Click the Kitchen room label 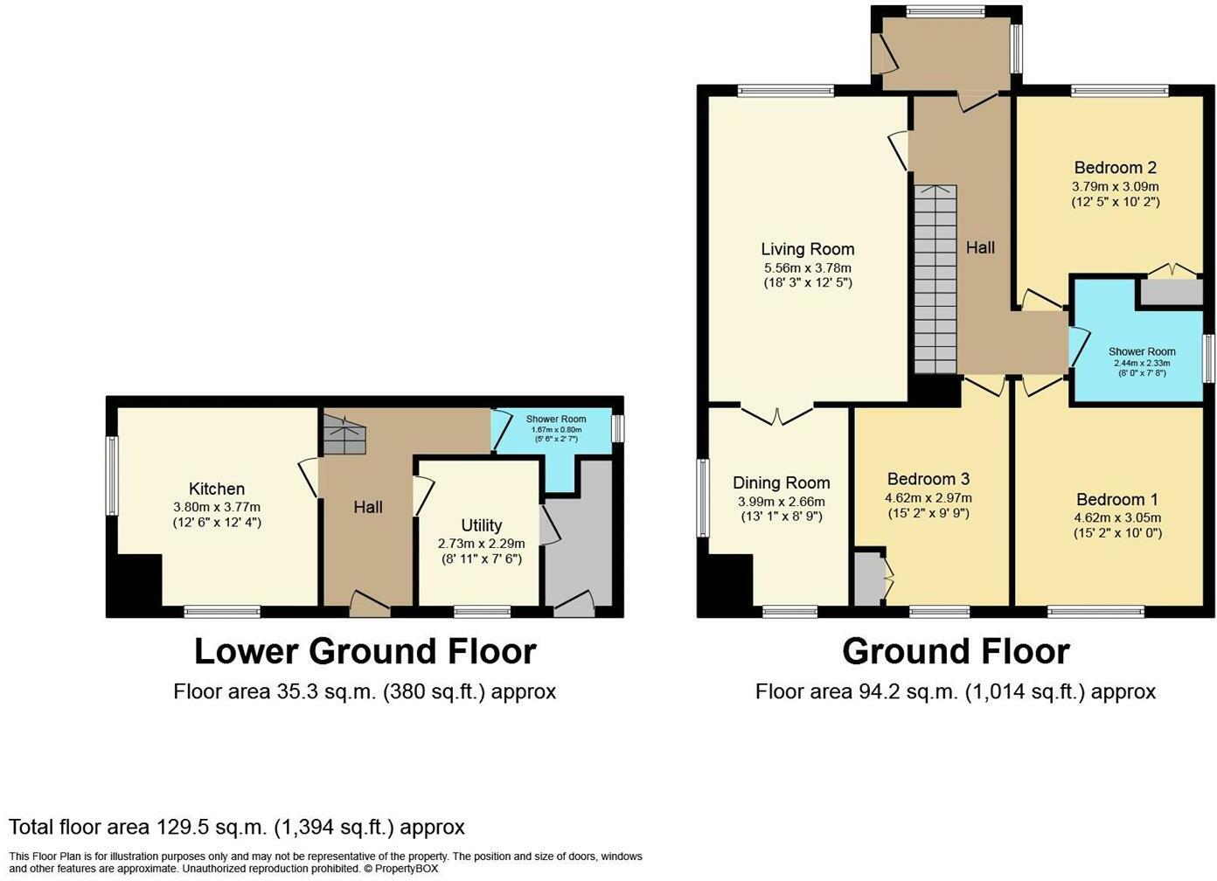(217, 489)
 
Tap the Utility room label (481, 524)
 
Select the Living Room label (807, 249)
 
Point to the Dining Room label (781, 482)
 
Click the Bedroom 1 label (1116, 499)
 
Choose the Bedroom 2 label (1115, 167)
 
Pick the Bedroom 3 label (928, 478)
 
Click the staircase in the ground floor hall (935, 280)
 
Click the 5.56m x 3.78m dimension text (807, 267)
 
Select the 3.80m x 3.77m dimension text (217, 507)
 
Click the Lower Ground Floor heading (365, 651)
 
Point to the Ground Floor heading (955, 651)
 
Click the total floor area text (236, 827)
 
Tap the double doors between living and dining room (777, 414)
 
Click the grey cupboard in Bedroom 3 (869, 577)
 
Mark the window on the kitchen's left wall (112, 475)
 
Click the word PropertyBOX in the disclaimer (406, 869)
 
